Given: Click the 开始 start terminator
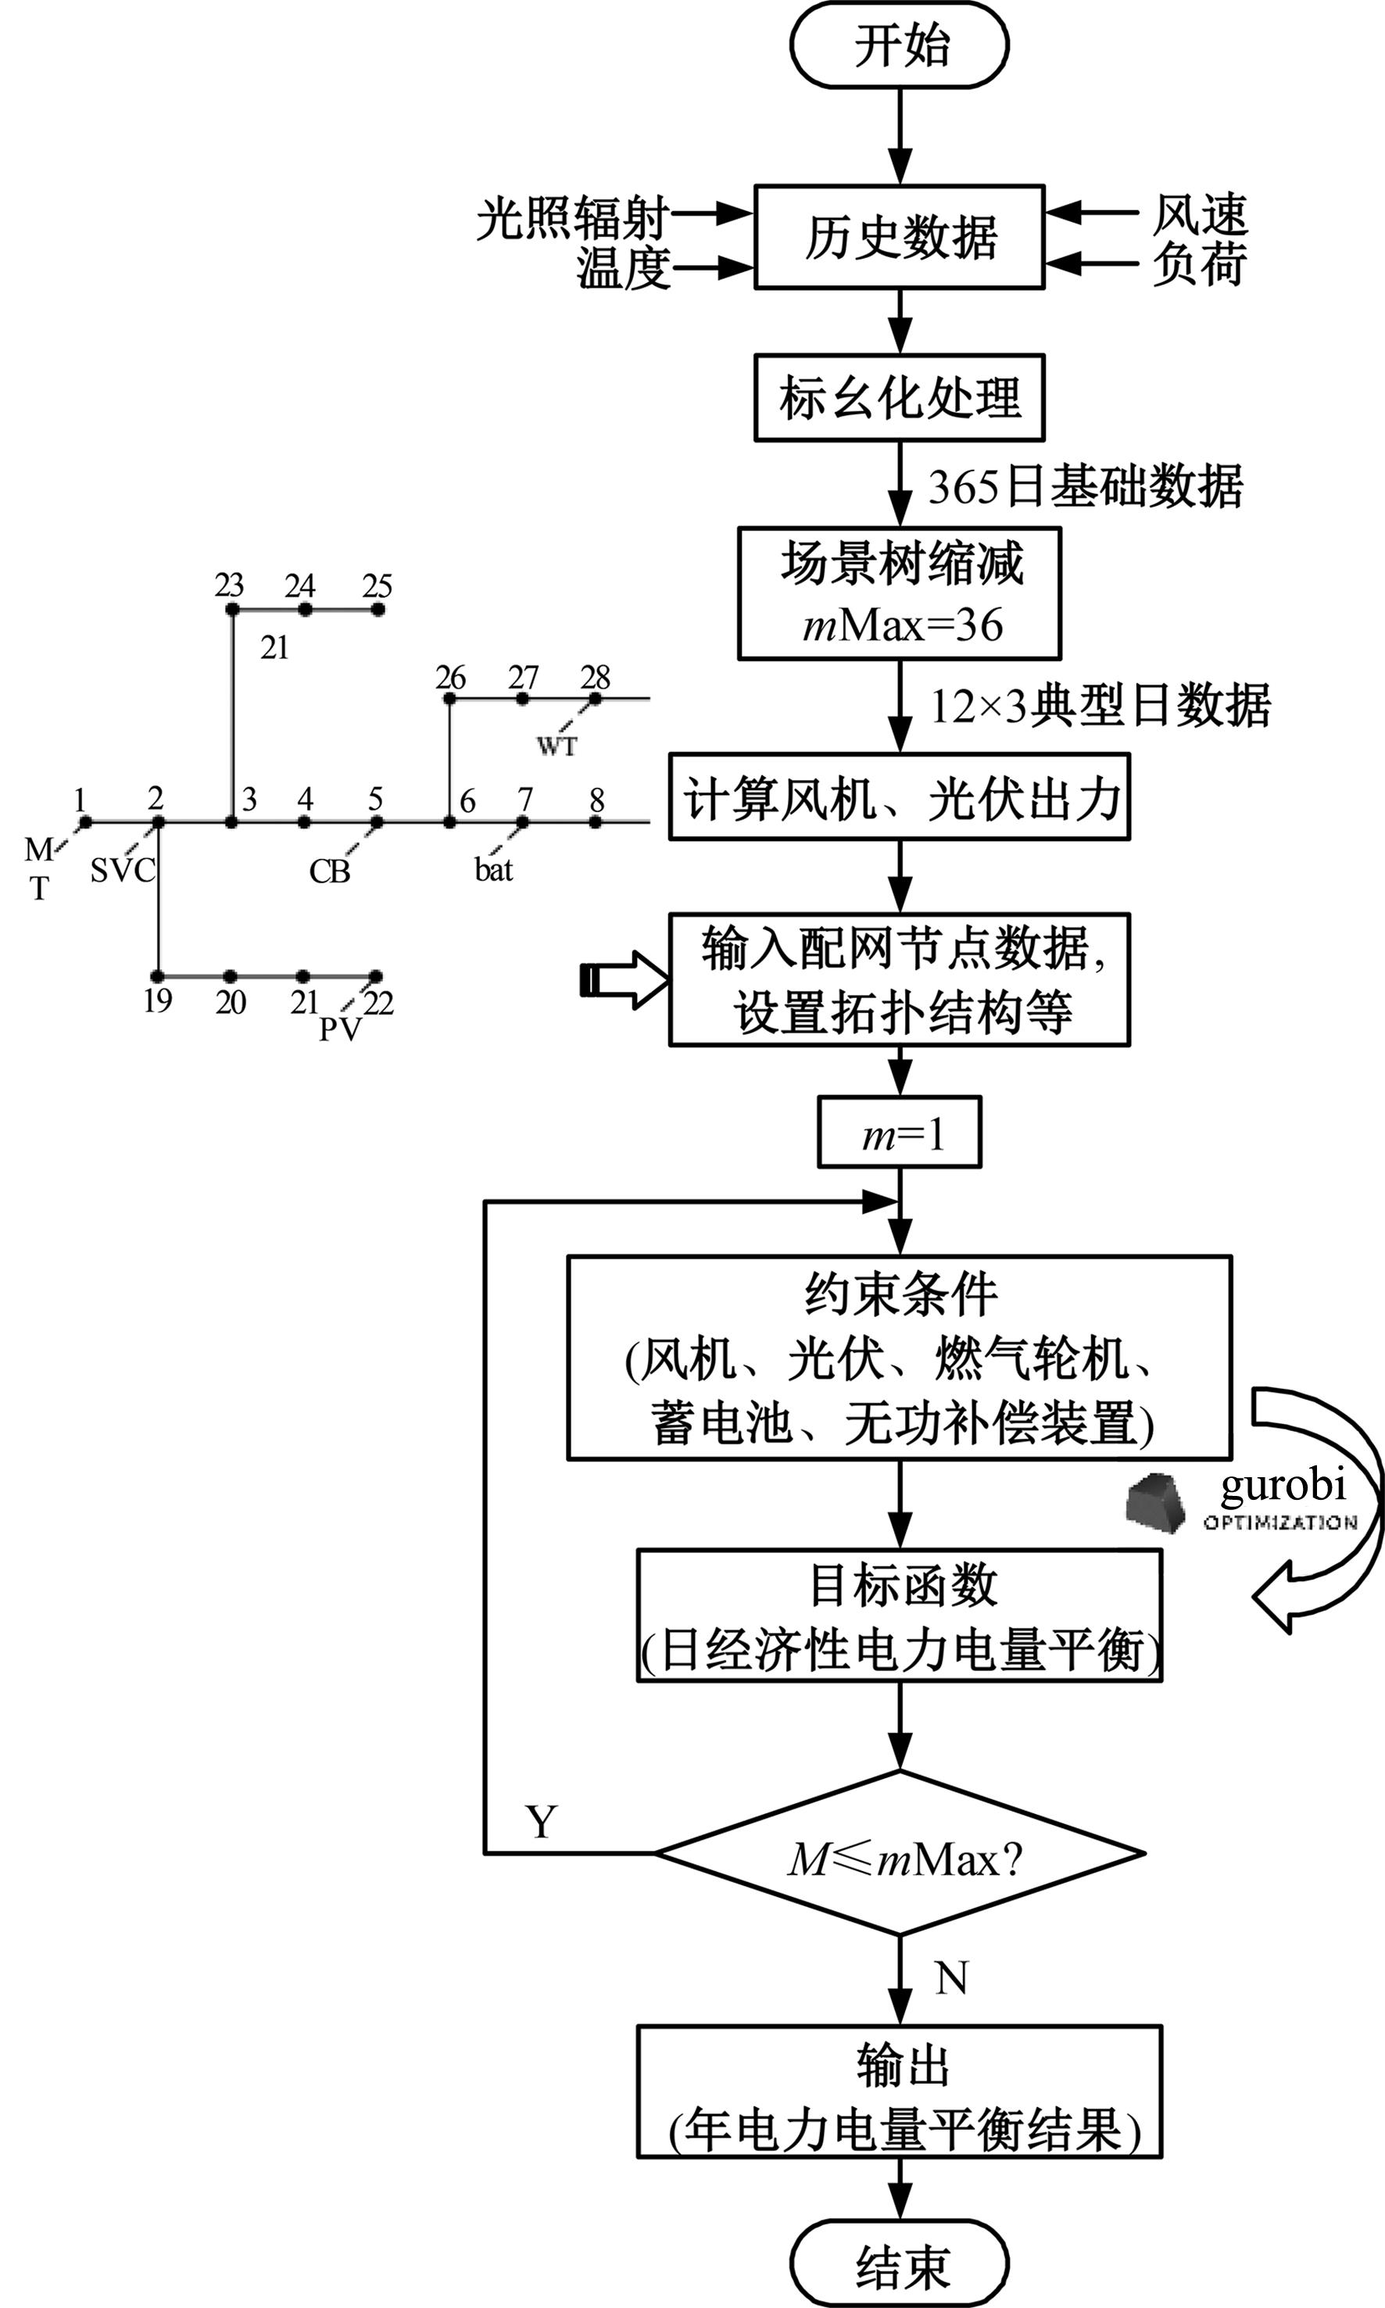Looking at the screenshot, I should coord(899,45).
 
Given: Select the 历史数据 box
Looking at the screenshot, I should coord(899,237).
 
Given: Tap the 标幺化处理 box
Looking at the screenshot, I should coord(899,398).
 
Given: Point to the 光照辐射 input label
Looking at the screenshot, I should coord(571,218).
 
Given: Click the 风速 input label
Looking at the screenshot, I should coord(1198,215).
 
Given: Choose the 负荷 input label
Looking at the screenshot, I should coord(1198,264).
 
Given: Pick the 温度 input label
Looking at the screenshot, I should coord(624,269).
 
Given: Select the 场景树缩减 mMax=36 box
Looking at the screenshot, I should coord(899,593).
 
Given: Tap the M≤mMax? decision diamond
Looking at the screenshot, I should coord(900,1859).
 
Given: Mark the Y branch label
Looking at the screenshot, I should coord(542,1822).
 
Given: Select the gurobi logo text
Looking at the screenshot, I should coord(1283,1486).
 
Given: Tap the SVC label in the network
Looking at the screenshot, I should coord(121,871).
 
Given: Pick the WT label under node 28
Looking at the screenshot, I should coord(557,746).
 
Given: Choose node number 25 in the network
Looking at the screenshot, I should coord(377,586).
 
